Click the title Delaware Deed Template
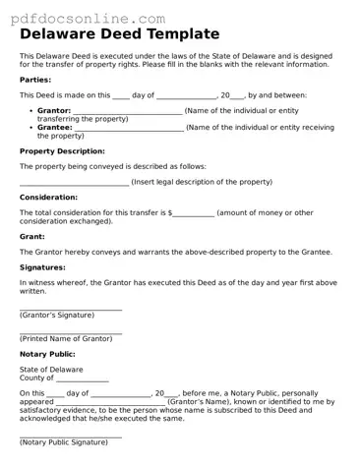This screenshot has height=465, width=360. pyautogui.click(x=119, y=35)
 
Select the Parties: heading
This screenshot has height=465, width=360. pyautogui.click(x=35, y=79)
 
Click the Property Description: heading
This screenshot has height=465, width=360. pyautogui.click(x=62, y=151)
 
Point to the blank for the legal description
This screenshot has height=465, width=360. pyautogui.click(x=74, y=184)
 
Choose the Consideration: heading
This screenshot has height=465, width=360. pyautogui.click(x=48, y=198)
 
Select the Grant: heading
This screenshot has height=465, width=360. pyautogui.click(x=32, y=237)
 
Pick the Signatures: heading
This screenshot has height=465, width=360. pyautogui.click(x=42, y=267)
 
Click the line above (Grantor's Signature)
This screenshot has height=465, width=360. pyautogui.click(x=71, y=310)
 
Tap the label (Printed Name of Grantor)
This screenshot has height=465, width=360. pyautogui.click(x=66, y=338)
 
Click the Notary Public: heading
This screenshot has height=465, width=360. pyautogui.click(x=47, y=354)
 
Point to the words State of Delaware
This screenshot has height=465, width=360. pyautogui.click(x=51, y=370)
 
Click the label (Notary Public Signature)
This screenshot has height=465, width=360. pyautogui.click(x=64, y=442)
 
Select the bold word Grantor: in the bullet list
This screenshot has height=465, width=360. pyautogui.click(x=54, y=111)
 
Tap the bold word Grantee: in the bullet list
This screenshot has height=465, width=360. pyautogui.click(x=54, y=127)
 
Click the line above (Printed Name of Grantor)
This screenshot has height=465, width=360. pyautogui.click(x=71, y=333)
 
